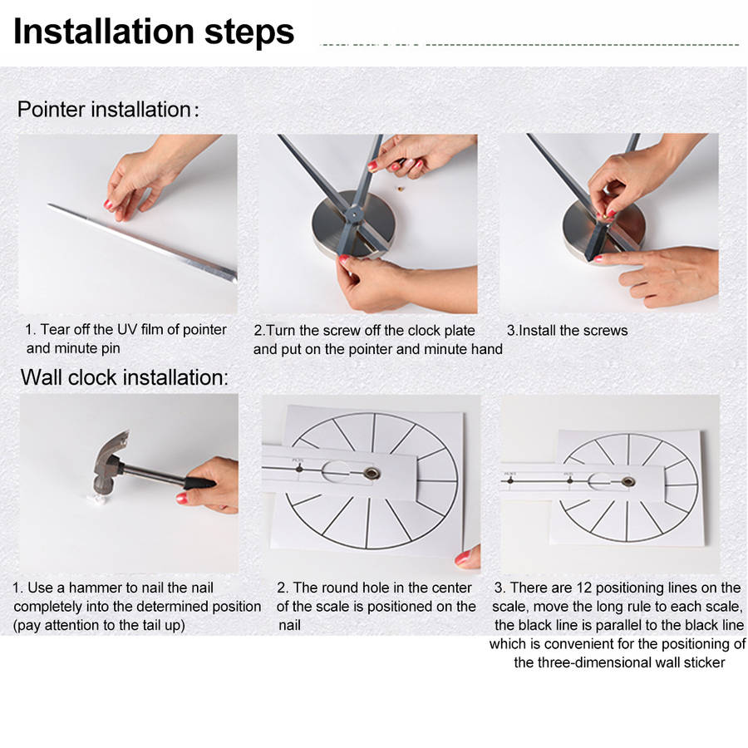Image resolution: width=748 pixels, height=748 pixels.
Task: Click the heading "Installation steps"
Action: pyautogui.click(x=154, y=32)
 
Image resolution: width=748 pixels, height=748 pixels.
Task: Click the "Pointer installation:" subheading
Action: pyautogui.click(x=108, y=110)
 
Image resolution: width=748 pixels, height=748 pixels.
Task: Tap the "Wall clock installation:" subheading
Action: pyautogui.click(x=125, y=377)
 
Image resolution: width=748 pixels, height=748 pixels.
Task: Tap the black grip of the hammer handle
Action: pyautogui.click(x=199, y=483)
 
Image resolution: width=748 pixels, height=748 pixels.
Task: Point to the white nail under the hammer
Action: pyautogui.click(x=99, y=499)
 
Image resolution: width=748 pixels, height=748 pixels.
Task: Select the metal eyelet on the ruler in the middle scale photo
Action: pyautogui.click(x=372, y=473)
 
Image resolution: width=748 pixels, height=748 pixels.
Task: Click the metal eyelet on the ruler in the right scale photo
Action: pyautogui.click(x=628, y=481)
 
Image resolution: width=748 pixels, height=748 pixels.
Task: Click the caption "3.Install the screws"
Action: pyautogui.click(x=567, y=331)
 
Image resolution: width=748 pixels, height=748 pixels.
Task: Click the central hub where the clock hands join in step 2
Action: pyautogui.click(x=354, y=214)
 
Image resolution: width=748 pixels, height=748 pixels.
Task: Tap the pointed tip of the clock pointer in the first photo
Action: pyautogui.click(x=50, y=205)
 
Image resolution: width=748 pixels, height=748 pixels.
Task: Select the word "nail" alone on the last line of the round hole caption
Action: pyautogui.click(x=289, y=625)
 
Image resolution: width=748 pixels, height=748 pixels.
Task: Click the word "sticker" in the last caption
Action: pyautogui.click(x=704, y=662)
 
